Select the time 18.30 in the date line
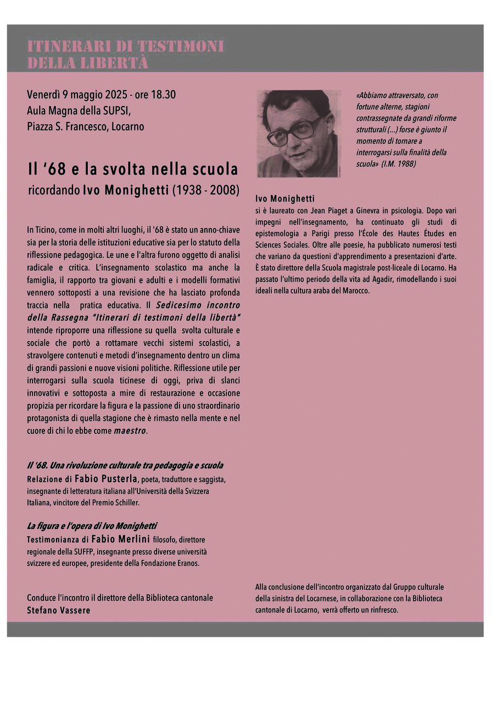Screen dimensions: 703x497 click(x=163, y=94)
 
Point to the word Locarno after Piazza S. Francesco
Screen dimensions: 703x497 click(x=127, y=126)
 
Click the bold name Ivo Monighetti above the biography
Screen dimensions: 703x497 click(x=284, y=199)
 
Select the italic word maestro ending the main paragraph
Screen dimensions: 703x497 click(x=130, y=431)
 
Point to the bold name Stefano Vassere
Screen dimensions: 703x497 click(x=59, y=610)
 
